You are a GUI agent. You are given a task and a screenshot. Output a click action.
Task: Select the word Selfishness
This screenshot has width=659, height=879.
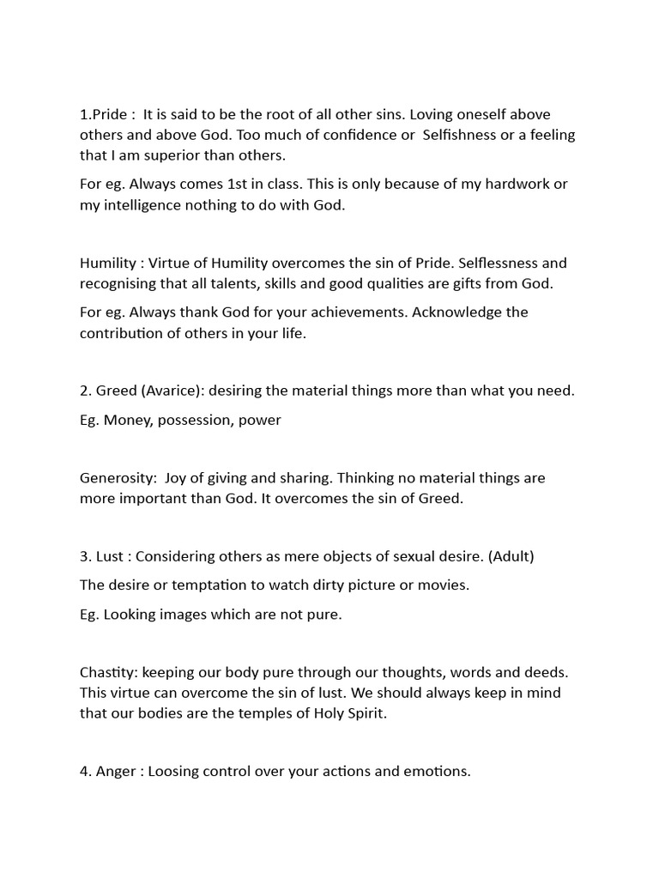468,135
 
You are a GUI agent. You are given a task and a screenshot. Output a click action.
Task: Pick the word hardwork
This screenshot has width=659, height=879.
514,184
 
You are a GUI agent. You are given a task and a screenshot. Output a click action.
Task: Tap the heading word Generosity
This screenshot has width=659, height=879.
116,477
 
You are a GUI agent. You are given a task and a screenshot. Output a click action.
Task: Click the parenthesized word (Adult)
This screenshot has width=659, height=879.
510,555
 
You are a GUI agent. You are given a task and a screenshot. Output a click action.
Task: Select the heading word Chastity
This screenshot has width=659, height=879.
108,671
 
